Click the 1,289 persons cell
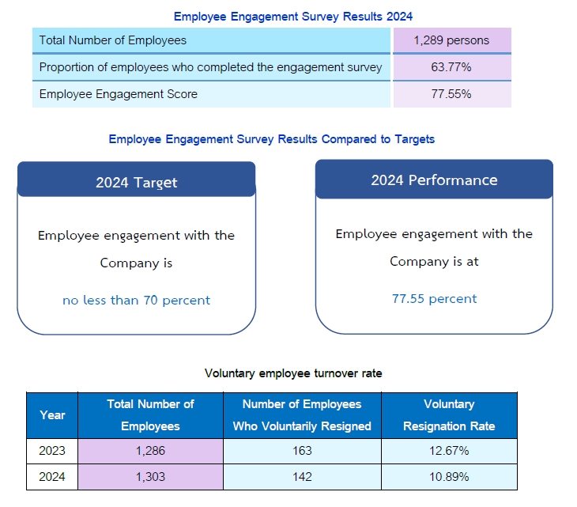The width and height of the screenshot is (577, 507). point(451,40)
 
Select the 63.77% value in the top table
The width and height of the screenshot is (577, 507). point(451,67)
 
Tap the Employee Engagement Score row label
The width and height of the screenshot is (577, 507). point(119,94)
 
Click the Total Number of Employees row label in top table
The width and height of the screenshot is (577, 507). point(113,40)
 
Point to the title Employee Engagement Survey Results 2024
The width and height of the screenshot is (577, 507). point(293,16)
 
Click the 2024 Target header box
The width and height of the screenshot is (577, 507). point(136,182)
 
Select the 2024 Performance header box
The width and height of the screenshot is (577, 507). point(434,180)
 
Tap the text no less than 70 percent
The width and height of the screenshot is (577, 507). point(136,301)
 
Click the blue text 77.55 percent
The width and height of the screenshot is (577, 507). point(434,299)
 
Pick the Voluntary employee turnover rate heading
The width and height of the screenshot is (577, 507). point(293,373)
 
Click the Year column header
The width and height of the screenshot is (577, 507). point(52,415)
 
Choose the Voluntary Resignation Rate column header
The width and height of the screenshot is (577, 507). point(449,415)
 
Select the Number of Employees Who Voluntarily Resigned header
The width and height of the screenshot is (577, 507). point(302,415)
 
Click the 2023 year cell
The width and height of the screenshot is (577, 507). point(52,451)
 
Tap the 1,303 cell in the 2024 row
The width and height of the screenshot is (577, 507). point(150,477)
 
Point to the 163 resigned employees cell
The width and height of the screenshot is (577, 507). point(302,451)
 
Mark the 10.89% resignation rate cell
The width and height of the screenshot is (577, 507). point(449,477)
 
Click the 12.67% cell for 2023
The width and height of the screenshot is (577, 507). point(449,451)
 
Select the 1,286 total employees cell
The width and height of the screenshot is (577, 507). point(150,451)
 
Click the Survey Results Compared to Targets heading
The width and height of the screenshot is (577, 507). point(271,139)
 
